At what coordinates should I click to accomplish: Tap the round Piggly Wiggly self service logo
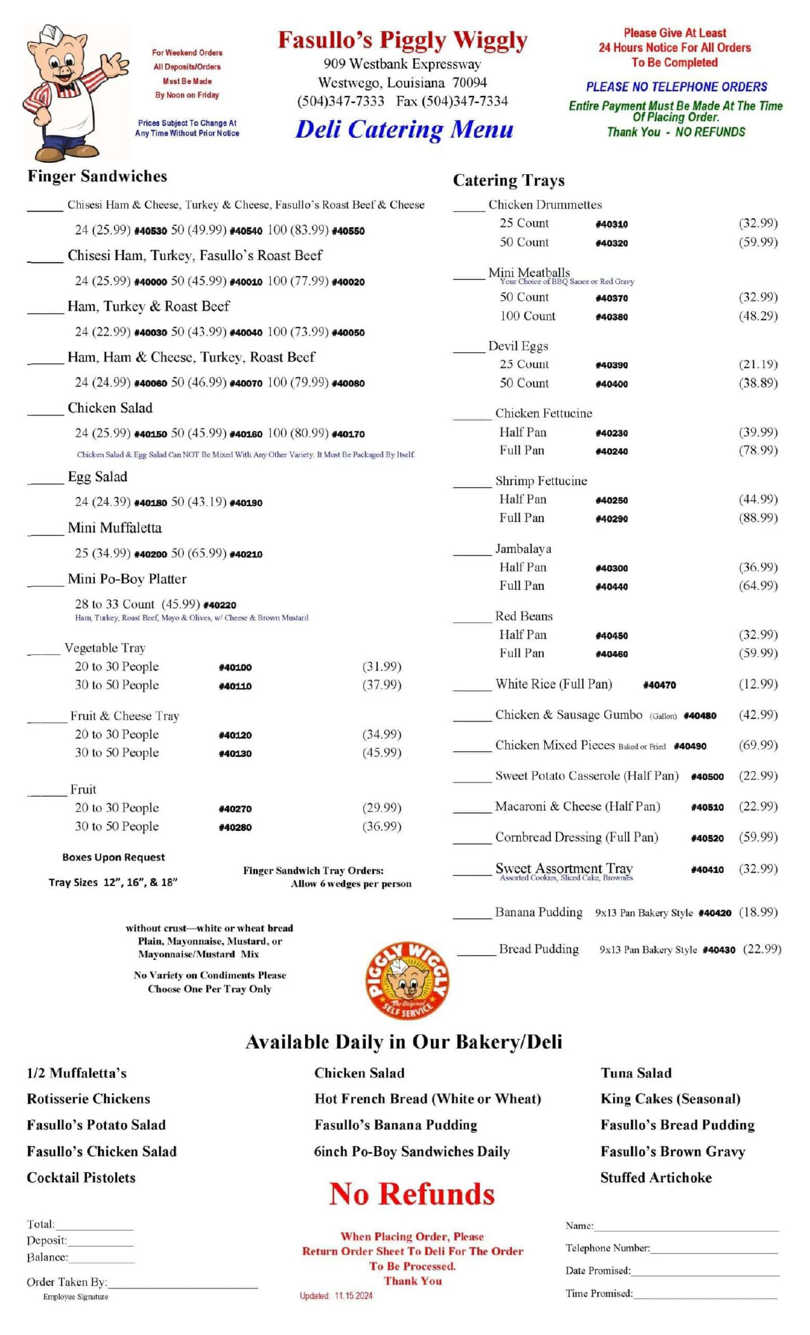tap(407, 980)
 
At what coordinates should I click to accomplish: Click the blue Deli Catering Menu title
tap(405, 130)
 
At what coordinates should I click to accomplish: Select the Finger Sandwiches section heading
tap(97, 176)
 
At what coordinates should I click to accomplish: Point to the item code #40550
tap(348, 231)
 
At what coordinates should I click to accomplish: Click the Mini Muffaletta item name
tap(114, 528)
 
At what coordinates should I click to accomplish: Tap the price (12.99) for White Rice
tap(758, 684)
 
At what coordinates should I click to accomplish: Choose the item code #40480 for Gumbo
tap(700, 716)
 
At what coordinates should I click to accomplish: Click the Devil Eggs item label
tap(518, 346)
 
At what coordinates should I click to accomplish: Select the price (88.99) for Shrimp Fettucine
tap(758, 517)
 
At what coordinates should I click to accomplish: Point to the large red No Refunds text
tap(412, 1194)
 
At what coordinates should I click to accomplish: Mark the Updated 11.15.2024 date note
tap(336, 1296)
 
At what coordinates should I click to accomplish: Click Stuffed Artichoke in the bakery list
tap(656, 1177)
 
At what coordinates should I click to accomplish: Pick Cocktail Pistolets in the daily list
tap(81, 1177)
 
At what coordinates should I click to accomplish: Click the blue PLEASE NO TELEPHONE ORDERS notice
tap(676, 86)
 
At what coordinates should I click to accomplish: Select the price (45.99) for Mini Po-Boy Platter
tap(181, 604)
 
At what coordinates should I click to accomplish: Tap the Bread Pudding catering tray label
tap(539, 949)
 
